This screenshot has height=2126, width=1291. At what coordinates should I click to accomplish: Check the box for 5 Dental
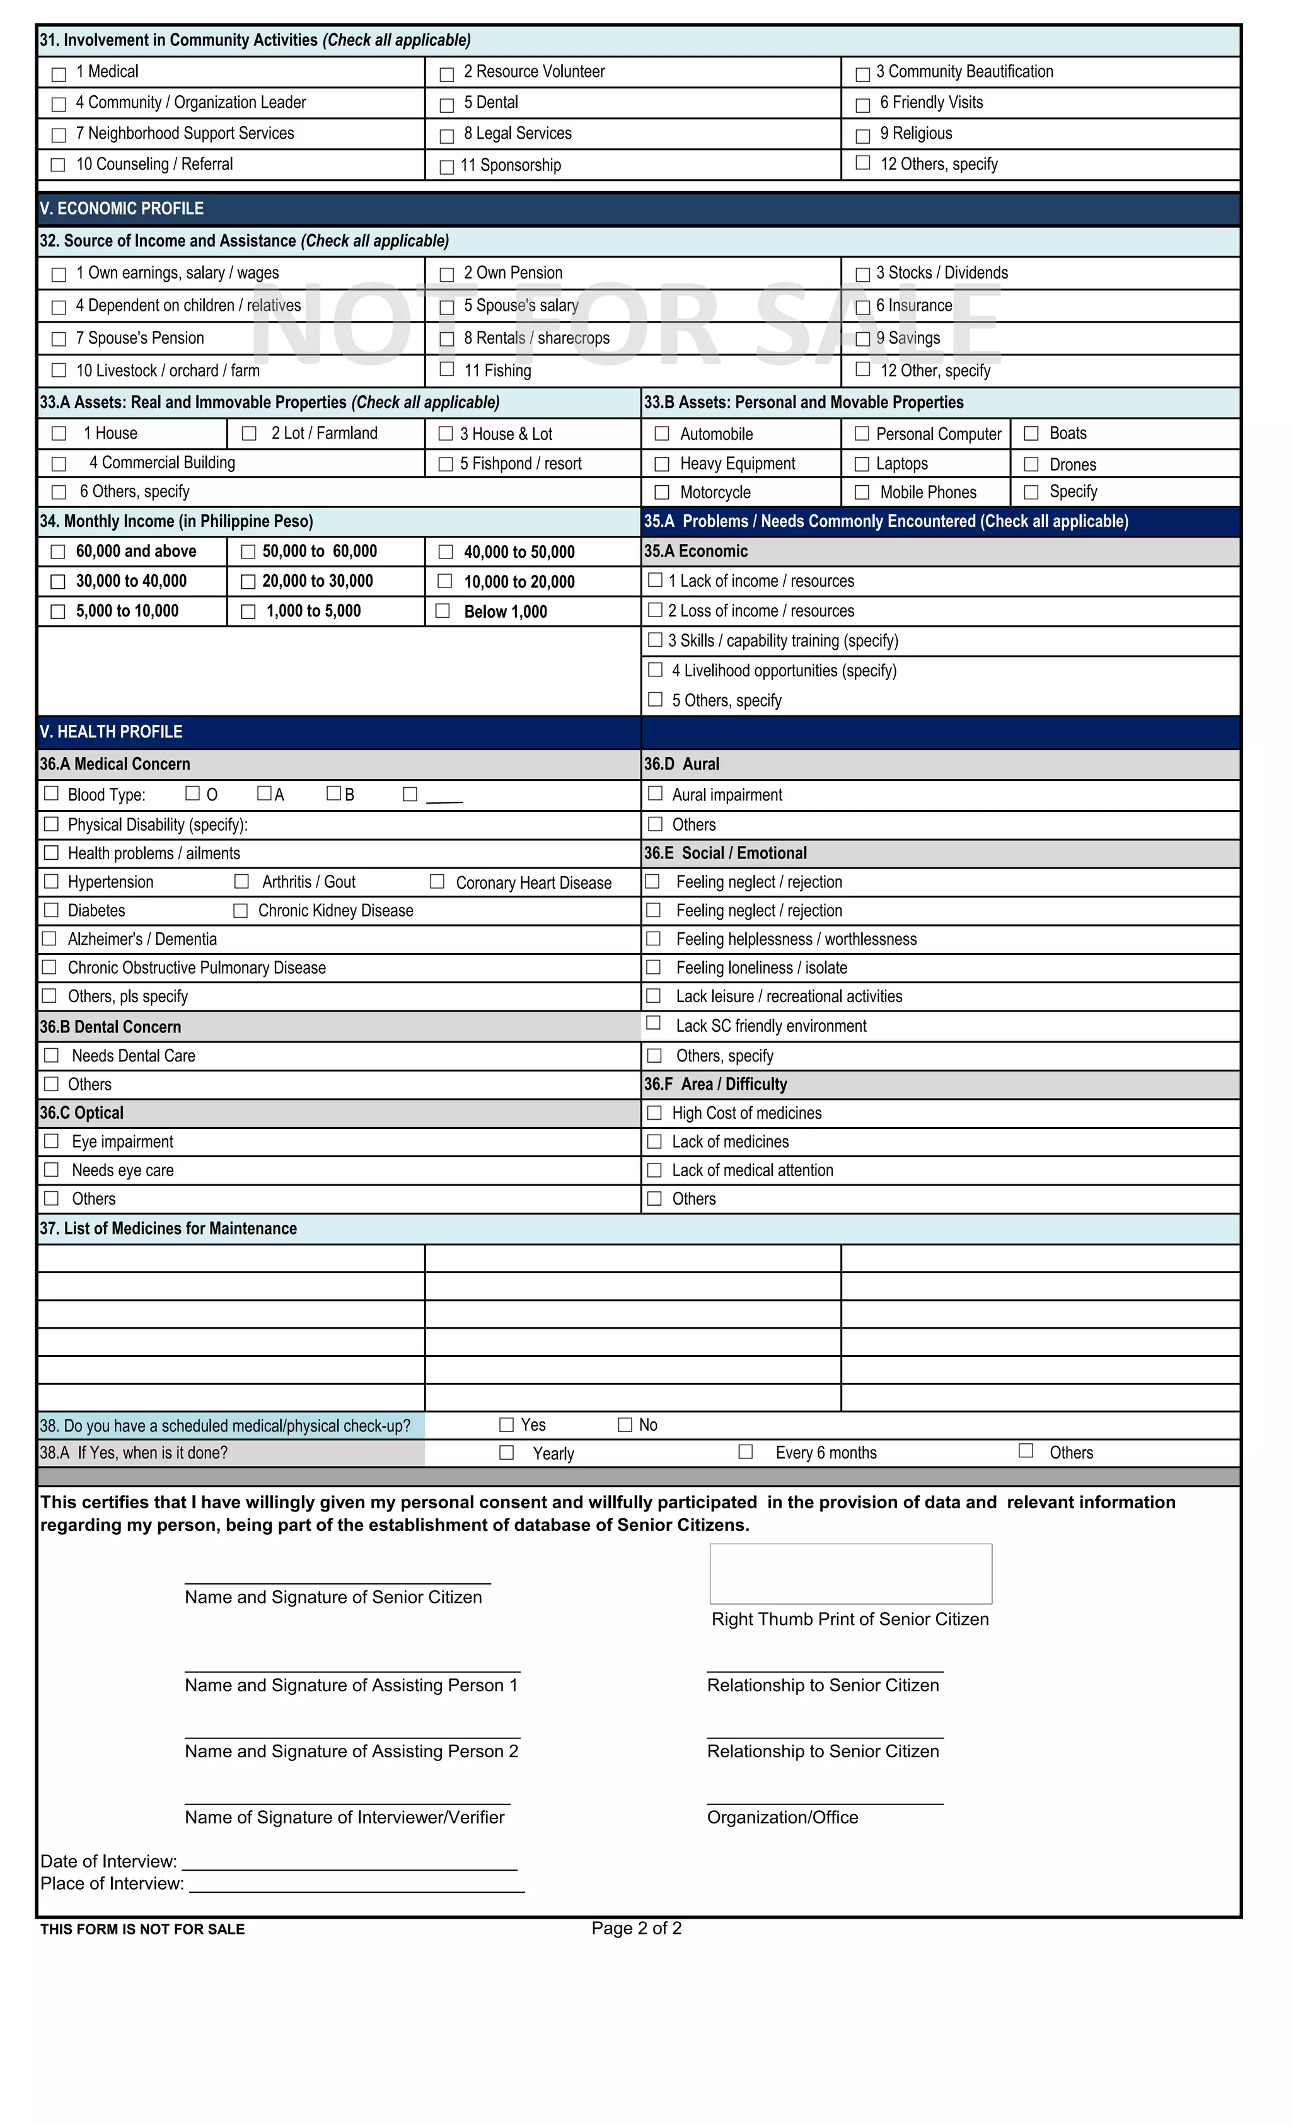coord(447,105)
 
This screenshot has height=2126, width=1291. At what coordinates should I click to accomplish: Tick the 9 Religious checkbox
coord(862,136)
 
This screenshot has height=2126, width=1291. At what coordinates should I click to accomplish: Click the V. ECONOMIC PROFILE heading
coord(122,209)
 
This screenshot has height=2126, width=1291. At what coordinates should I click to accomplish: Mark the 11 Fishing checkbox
coord(447,369)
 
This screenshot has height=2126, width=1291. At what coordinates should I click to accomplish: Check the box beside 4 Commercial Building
coord(59,464)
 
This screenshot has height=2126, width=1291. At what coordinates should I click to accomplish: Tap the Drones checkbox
coord(1031,464)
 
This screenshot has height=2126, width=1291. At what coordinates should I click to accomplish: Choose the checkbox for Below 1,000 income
coord(443,611)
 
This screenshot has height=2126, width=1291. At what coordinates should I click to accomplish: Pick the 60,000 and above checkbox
coord(58,552)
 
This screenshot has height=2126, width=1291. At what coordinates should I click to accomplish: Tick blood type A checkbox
coord(264,793)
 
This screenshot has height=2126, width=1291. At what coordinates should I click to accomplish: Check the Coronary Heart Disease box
coord(437,881)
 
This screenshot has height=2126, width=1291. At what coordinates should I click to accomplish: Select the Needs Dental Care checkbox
coord(52,1055)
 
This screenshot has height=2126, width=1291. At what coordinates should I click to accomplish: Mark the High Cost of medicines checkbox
coord(654,1113)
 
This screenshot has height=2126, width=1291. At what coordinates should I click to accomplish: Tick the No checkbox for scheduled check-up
coord(625,1424)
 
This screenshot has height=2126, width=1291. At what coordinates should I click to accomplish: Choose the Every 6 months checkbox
coord(746,1452)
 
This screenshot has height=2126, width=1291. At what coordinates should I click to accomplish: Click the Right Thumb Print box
coord(850,1574)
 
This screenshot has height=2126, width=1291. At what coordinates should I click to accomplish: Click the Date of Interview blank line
coord(349,1861)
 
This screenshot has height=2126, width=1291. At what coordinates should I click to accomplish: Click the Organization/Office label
coord(782,1818)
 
